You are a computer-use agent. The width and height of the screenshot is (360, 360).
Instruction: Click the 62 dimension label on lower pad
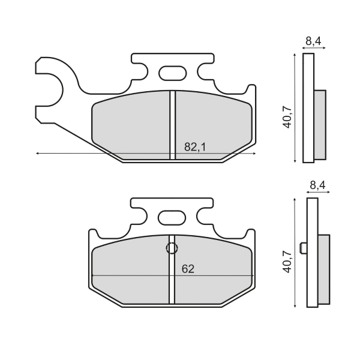pyautogui.click(x=188, y=269)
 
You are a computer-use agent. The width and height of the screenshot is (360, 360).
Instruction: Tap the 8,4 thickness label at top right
pyautogui.click(x=313, y=41)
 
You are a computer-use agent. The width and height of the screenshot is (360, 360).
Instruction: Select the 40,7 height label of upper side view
pyautogui.click(x=288, y=116)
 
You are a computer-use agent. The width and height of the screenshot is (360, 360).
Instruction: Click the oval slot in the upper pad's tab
pyautogui.click(x=173, y=74)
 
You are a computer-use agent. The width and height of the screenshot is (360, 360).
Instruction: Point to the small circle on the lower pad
pyautogui.click(x=172, y=248)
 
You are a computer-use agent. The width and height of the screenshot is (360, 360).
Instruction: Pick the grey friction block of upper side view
pyautogui.click(x=320, y=125)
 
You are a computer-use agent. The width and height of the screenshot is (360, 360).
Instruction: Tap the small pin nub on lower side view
pyautogui.click(x=305, y=248)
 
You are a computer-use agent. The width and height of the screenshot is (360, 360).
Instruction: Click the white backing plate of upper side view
pyautogui.click(x=308, y=108)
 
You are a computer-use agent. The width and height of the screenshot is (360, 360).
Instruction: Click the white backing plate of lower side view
pyautogui.click(x=311, y=252)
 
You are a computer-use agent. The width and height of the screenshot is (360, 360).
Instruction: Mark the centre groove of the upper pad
pyautogui.click(x=172, y=125)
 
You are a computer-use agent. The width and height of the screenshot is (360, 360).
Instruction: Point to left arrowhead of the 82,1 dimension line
pyautogui.click(x=38, y=154)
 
